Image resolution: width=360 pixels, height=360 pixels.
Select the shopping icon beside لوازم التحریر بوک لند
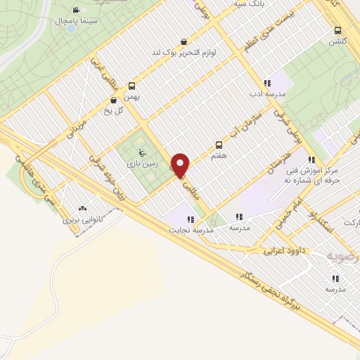pos(184,41)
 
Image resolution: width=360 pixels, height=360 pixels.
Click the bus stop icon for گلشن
pos(338,31)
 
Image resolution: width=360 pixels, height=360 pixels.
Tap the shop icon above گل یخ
pos(113,100)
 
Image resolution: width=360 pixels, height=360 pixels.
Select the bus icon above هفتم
pos(219,146)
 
